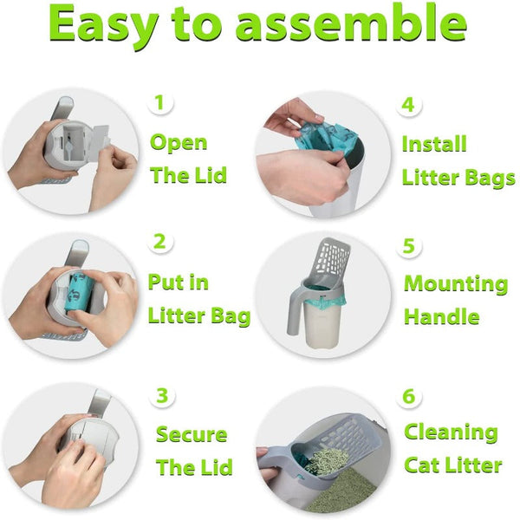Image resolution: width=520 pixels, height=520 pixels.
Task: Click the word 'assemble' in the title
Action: (352, 26)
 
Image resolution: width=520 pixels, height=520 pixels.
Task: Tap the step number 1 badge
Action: (159, 103)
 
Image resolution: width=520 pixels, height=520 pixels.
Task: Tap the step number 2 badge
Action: (159, 242)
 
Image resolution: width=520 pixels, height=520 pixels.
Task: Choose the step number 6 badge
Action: (409, 397)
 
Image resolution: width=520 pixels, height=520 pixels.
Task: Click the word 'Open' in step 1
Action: (179, 143)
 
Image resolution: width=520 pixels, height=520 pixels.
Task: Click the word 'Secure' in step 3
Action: (191, 434)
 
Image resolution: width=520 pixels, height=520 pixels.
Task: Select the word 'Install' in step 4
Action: (433, 144)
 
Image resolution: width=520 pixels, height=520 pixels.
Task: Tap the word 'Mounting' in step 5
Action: (456, 284)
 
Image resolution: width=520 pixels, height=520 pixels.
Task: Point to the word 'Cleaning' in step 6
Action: (451, 432)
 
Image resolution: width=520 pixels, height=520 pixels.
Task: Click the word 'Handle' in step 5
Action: (441, 317)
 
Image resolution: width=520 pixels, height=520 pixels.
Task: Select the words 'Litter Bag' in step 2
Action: (198, 316)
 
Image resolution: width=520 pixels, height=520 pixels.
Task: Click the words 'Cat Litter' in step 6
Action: (452, 465)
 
